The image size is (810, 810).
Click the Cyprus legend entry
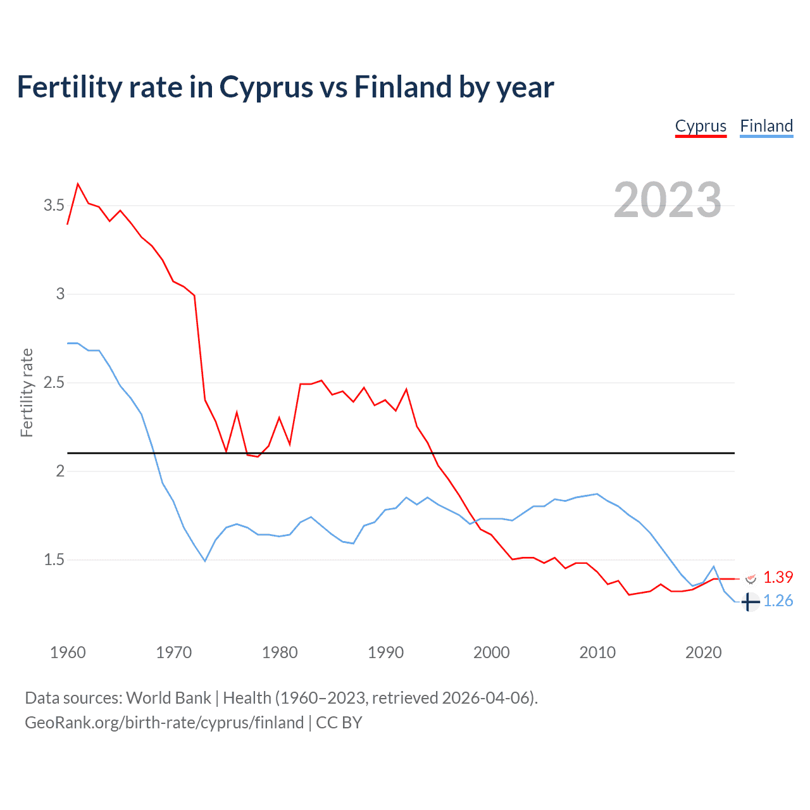pyautogui.click(x=701, y=126)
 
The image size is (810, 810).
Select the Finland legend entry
pyautogui.click(x=766, y=126)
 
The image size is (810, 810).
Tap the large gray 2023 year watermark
pyautogui.click(x=668, y=200)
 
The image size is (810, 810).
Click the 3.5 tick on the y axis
pyautogui.click(x=54, y=205)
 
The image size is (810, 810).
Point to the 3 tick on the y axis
pyautogui.click(x=61, y=294)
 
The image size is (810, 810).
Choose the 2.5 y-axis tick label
pyautogui.click(x=54, y=382)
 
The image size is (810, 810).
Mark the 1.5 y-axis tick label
pyautogui.click(x=54, y=559)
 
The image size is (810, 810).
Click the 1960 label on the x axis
pyautogui.click(x=68, y=652)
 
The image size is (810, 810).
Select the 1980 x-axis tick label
pyautogui.click(x=280, y=652)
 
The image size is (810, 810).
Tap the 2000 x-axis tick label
pyautogui.click(x=492, y=652)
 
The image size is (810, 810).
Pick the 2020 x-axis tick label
pyautogui.click(x=703, y=652)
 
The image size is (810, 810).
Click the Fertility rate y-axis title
pyautogui.click(x=27, y=392)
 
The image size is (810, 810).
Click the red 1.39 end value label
pyautogui.click(x=778, y=577)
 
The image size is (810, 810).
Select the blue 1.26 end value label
pyautogui.click(x=778, y=601)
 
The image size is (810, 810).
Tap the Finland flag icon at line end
pyautogui.click(x=750, y=602)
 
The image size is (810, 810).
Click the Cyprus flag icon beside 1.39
pyautogui.click(x=751, y=578)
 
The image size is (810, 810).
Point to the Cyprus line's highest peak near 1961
pyautogui.click(x=78, y=184)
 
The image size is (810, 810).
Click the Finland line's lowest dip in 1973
pyautogui.click(x=205, y=561)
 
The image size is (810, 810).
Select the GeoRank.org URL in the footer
pyautogui.click(x=165, y=723)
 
